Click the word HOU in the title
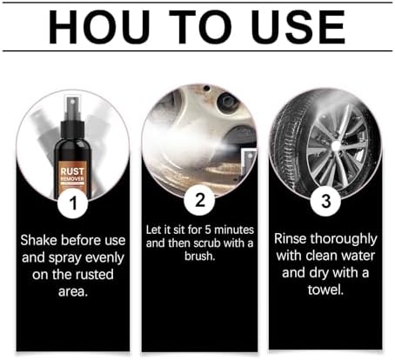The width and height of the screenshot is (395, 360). click(99, 27)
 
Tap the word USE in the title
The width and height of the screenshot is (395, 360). click(298, 27)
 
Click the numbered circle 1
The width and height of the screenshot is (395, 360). click(73, 203)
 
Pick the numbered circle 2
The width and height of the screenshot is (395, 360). click(199, 200)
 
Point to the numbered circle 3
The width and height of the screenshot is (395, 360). click(325, 201)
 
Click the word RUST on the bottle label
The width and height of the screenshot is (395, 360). click(72, 171)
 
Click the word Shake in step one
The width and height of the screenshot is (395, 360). click(38, 240)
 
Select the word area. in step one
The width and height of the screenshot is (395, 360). click(73, 291)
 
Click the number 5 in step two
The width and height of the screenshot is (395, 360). click(208, 230)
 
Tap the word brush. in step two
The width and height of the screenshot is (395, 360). click(200, 256)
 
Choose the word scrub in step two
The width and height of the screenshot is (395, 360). click(207, 243)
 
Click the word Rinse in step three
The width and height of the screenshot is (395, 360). click(291, 239)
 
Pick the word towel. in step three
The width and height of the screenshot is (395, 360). click(325, 290)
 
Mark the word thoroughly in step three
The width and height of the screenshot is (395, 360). click(344, 239)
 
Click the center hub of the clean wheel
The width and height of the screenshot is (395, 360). click(336, 146)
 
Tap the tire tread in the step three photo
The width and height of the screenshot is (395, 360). click(287, 145)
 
